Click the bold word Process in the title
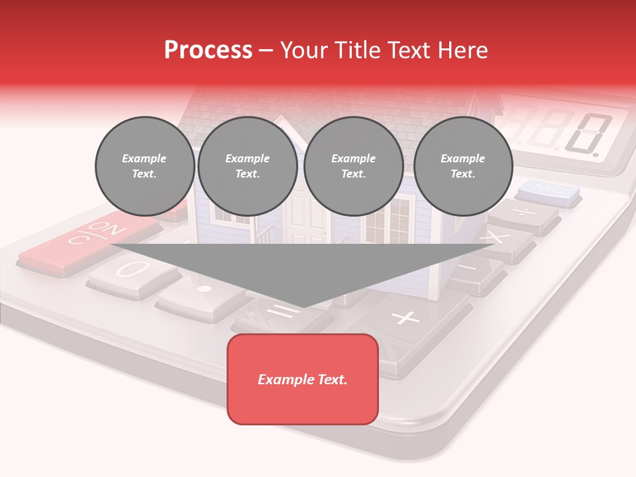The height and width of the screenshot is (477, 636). coord(208,50)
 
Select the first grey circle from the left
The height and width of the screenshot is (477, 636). coord(144,166)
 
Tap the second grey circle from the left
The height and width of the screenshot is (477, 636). coord(247,166)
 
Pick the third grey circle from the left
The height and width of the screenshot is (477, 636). coord(353,166)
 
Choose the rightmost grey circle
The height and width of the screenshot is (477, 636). coord(462,166)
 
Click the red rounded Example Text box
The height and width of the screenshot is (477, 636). coord(303,379)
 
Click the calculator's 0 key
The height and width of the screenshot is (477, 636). coord(129,271)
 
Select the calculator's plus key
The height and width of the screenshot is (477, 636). coord(405,318)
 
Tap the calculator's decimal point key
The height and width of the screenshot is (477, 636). coord(204,290)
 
